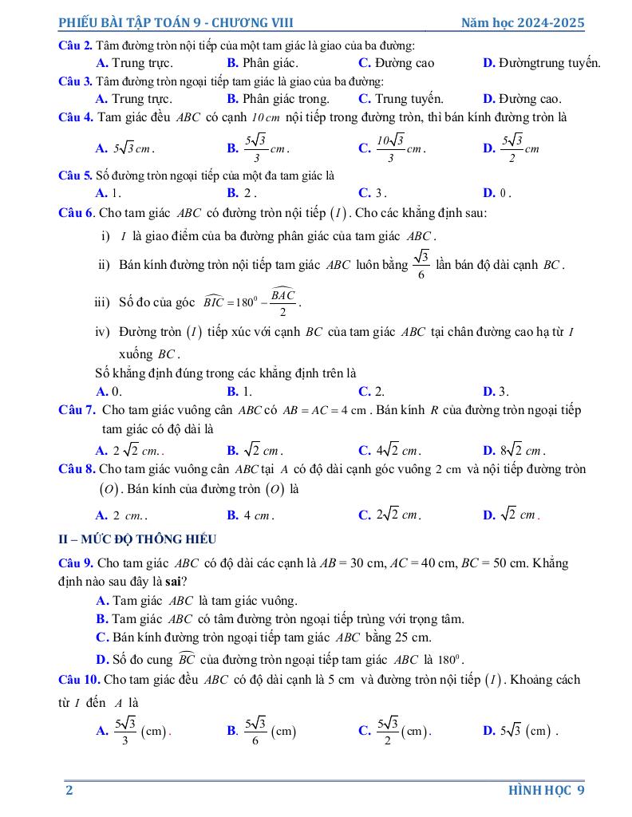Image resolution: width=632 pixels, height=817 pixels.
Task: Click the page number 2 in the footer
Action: tap(69, 790)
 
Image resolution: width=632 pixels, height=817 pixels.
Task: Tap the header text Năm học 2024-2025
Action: tap(523, 23)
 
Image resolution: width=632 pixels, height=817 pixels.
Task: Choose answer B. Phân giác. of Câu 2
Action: tap(263, 62)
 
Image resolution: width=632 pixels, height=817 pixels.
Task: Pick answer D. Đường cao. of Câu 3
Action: tap(522, 99)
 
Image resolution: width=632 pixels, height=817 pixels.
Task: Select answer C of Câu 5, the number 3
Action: tap(373, 192)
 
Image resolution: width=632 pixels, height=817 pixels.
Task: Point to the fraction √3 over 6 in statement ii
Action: tap(421, 264)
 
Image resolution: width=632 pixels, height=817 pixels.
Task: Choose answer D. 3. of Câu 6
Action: tap(496, 391)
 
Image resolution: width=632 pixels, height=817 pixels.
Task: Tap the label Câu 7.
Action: tap(77, 410)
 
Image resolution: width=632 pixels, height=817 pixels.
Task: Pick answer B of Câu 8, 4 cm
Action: tap(251, 515)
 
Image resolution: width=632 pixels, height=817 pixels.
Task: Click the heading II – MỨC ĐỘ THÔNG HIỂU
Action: tap(137, 539)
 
